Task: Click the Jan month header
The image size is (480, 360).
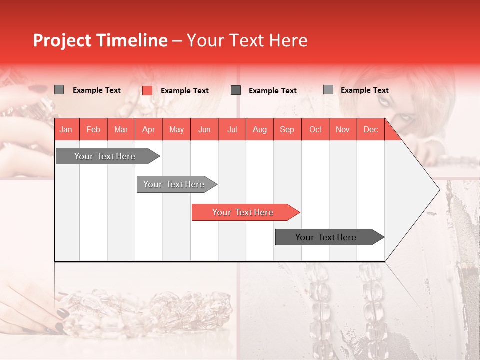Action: tap(66, 129)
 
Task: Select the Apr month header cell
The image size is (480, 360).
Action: tap(148, 129)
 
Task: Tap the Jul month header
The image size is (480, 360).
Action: tap(232, 129)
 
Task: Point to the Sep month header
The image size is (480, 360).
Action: tap(287, 129)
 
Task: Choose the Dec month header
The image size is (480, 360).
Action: tap(370, 129)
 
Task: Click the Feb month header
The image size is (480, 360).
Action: tap(93, 129)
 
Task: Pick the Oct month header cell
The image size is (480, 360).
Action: tap(315, 129)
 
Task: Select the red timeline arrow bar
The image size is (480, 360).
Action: tap(245, 212)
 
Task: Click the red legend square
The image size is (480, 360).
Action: tap(147, 90)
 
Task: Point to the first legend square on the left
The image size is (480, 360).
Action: tap(59, 90)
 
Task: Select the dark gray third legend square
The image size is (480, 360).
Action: tap(236, 90)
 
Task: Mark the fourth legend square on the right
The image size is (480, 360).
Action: tap(328, 90)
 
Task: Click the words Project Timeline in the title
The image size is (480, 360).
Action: tap(100, 40)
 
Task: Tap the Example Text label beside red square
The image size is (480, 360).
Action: tap(184, 91)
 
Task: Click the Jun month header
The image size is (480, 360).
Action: tap(204, 129)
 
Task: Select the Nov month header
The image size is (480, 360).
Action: tap(343, 129)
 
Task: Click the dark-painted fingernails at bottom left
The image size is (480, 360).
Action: tap(62, 314)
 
